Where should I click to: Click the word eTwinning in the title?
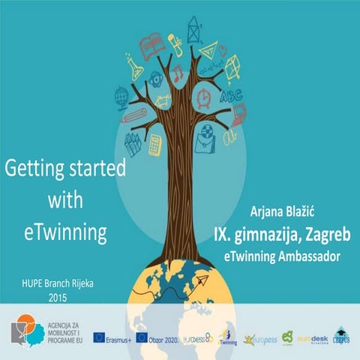click(x=63, y=233)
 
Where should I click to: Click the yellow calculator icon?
click(x=155, y=144)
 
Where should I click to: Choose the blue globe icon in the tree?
click(x=121, y=97)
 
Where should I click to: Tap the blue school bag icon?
click(x=204, y=138)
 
